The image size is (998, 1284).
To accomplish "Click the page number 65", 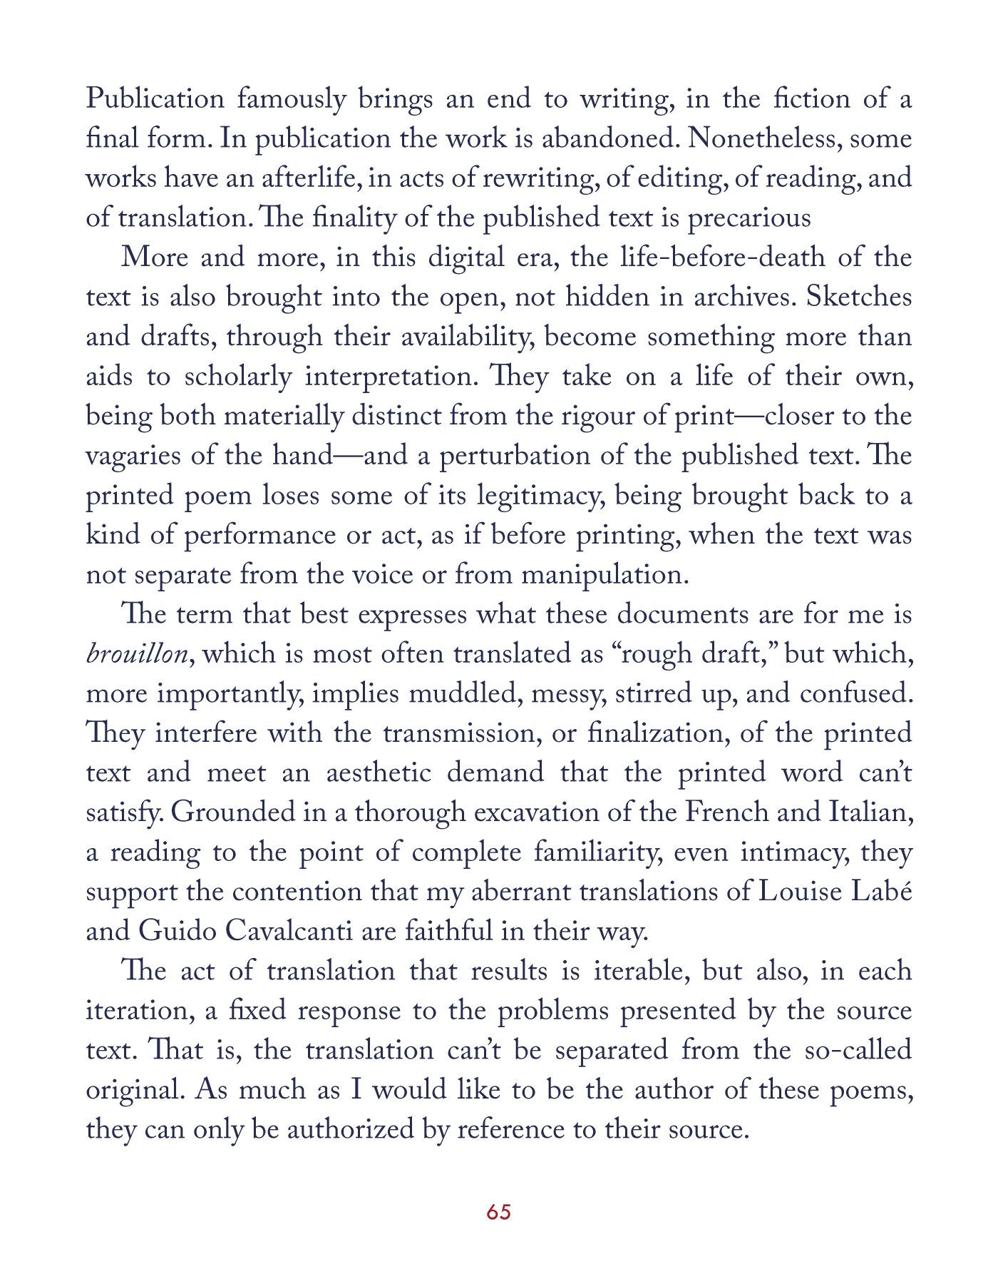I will (499, 1212).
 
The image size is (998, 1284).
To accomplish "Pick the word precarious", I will (749, 218).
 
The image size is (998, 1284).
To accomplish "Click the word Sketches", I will (859, 297).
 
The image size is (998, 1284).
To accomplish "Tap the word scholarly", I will (238, 377).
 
